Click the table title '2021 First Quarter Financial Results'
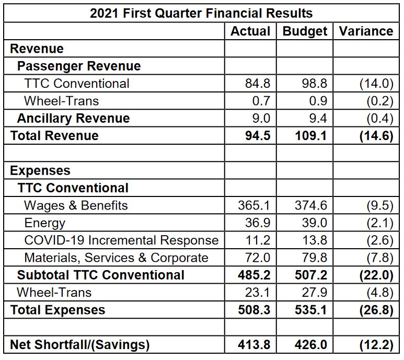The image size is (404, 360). tap(201, 13)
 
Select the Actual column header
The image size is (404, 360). tap(250, 31)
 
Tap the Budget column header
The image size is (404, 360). tap(305, 31)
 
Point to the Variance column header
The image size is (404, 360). tap(366, 31)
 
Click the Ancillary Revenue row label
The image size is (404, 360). tap(73, 118)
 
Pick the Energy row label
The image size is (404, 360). tap(45, 223)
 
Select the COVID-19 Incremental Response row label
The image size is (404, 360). tap(121, 240)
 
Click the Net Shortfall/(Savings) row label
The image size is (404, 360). tap(80, 345)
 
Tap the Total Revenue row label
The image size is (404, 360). tap(54, 136)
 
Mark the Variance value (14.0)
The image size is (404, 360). tap(376, 84)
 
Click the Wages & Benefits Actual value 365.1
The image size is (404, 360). tap(255, 205)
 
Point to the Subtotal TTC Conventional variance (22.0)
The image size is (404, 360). tap(376, 275)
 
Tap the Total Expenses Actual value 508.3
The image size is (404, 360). tap(255, 310)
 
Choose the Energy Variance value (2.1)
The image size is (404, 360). tap(379, 223)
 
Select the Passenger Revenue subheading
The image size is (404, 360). tap(79, 66)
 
